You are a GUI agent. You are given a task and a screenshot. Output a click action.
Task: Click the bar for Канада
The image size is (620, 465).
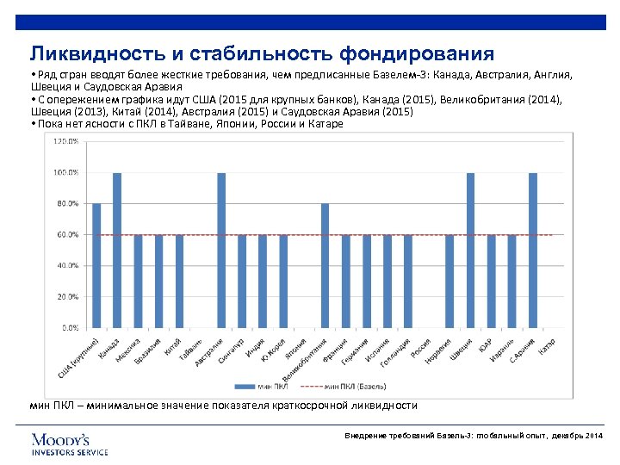(x=117, y=250)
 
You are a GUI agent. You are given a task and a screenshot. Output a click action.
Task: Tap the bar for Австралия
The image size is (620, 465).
(x=221, y=250)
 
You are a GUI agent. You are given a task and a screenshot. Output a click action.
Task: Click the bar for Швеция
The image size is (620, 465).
(x=470, y=250)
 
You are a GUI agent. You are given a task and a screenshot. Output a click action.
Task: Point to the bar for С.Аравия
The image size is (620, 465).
(x=533, y=250)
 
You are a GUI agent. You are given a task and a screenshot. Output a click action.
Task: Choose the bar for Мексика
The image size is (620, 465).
(x=138, y=281)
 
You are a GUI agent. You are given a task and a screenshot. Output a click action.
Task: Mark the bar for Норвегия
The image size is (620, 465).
(x=449, y=281)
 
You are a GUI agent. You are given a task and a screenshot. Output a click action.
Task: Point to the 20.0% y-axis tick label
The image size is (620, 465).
(x=69, y=296)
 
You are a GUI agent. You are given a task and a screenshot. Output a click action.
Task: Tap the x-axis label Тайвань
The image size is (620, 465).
(x=192, y=349)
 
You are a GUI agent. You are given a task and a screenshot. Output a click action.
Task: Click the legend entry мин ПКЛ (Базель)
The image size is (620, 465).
(x=354, y=387)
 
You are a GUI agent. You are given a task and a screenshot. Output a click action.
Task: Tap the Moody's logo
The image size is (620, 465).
(x=70, y=443)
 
